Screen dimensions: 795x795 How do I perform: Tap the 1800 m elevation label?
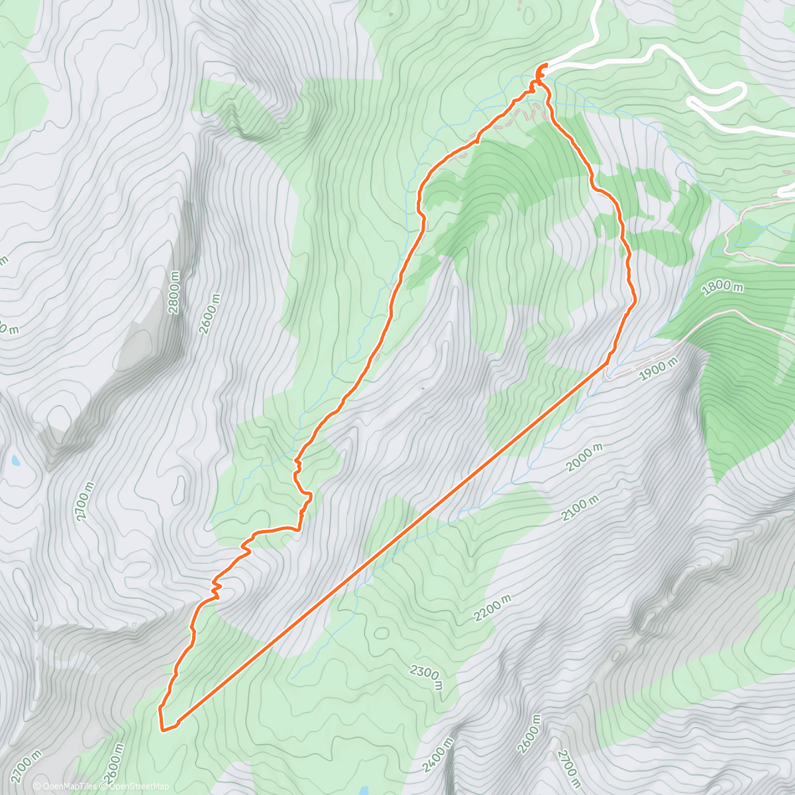(723, 286)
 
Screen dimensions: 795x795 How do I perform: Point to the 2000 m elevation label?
(586, 457)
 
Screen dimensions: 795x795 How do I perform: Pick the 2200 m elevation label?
(492, 608)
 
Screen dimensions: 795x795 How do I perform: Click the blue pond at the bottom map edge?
(364, 790)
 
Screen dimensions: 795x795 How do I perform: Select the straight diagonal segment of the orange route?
(391, 545)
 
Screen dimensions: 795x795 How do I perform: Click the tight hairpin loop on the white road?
(692, 102)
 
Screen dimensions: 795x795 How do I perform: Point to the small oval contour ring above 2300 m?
(382, 633)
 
